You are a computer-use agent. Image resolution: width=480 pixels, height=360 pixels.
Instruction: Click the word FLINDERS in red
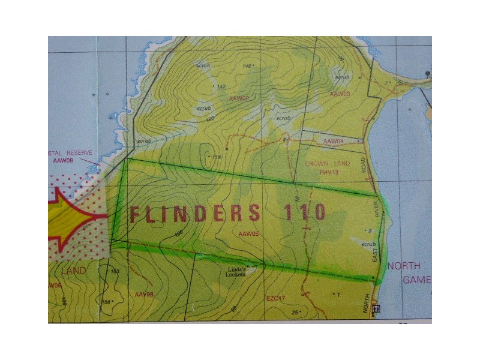tap(196, 214)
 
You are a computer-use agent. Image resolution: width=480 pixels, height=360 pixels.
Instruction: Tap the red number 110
tap(304, 212)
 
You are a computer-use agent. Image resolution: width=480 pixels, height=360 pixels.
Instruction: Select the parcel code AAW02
tap(239, 98)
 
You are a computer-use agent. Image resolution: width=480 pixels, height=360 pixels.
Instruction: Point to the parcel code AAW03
tap(340, 94)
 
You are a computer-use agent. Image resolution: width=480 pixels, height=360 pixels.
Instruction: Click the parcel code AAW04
tap(333, 142)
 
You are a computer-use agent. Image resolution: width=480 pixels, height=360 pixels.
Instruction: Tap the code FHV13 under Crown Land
tap(329, 172)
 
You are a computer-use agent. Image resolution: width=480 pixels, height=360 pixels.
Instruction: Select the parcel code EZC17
tap(278, 298)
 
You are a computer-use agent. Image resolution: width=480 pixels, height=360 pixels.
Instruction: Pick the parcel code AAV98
tap(145, 294)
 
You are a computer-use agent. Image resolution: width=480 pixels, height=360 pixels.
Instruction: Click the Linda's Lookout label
tap(236, 272)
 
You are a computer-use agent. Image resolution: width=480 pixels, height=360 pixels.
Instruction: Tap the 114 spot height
tap(217, 157)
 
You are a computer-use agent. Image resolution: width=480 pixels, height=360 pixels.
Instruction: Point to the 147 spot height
tap(221, 87)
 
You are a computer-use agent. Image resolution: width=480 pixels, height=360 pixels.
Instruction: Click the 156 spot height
tap(106, 302)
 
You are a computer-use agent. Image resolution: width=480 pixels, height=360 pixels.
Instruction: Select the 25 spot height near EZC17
tap(295, 312)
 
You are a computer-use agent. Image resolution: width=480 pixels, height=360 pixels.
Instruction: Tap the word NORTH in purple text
tap(404, 266)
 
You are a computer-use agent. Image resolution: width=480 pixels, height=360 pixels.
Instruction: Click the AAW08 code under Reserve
tap(62, 161)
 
